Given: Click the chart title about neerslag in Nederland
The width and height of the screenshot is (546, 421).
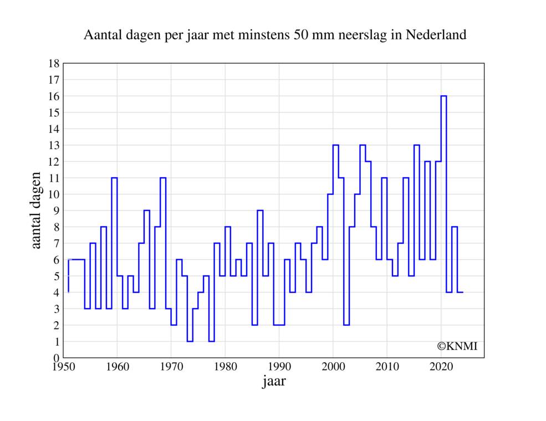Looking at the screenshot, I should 274,35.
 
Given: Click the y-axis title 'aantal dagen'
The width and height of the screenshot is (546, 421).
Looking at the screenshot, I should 36,210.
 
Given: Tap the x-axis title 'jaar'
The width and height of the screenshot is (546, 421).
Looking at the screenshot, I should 274,381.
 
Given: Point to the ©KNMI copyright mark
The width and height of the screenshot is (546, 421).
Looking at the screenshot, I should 457,346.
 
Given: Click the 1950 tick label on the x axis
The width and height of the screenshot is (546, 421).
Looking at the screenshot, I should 63,366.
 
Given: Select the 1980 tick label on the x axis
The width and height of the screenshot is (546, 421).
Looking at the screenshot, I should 225,366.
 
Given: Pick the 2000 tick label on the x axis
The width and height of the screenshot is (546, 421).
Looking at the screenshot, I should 333,366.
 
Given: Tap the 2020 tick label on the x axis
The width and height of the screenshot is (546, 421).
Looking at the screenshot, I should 441,366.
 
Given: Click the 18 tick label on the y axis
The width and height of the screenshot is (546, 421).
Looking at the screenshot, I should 54,64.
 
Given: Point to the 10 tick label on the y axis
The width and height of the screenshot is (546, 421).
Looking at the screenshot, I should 54,194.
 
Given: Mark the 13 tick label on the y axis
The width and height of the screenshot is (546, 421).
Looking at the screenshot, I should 54,145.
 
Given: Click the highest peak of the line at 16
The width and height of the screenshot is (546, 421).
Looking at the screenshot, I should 443,96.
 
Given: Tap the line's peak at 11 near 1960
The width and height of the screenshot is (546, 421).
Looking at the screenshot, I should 114,178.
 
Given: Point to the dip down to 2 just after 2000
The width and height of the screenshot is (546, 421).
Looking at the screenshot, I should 346,325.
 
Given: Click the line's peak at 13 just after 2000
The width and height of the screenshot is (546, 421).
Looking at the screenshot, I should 335,145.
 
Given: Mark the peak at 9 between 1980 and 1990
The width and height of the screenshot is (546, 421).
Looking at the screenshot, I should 260,210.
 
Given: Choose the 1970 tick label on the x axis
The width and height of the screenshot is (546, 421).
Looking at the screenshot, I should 171,366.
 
